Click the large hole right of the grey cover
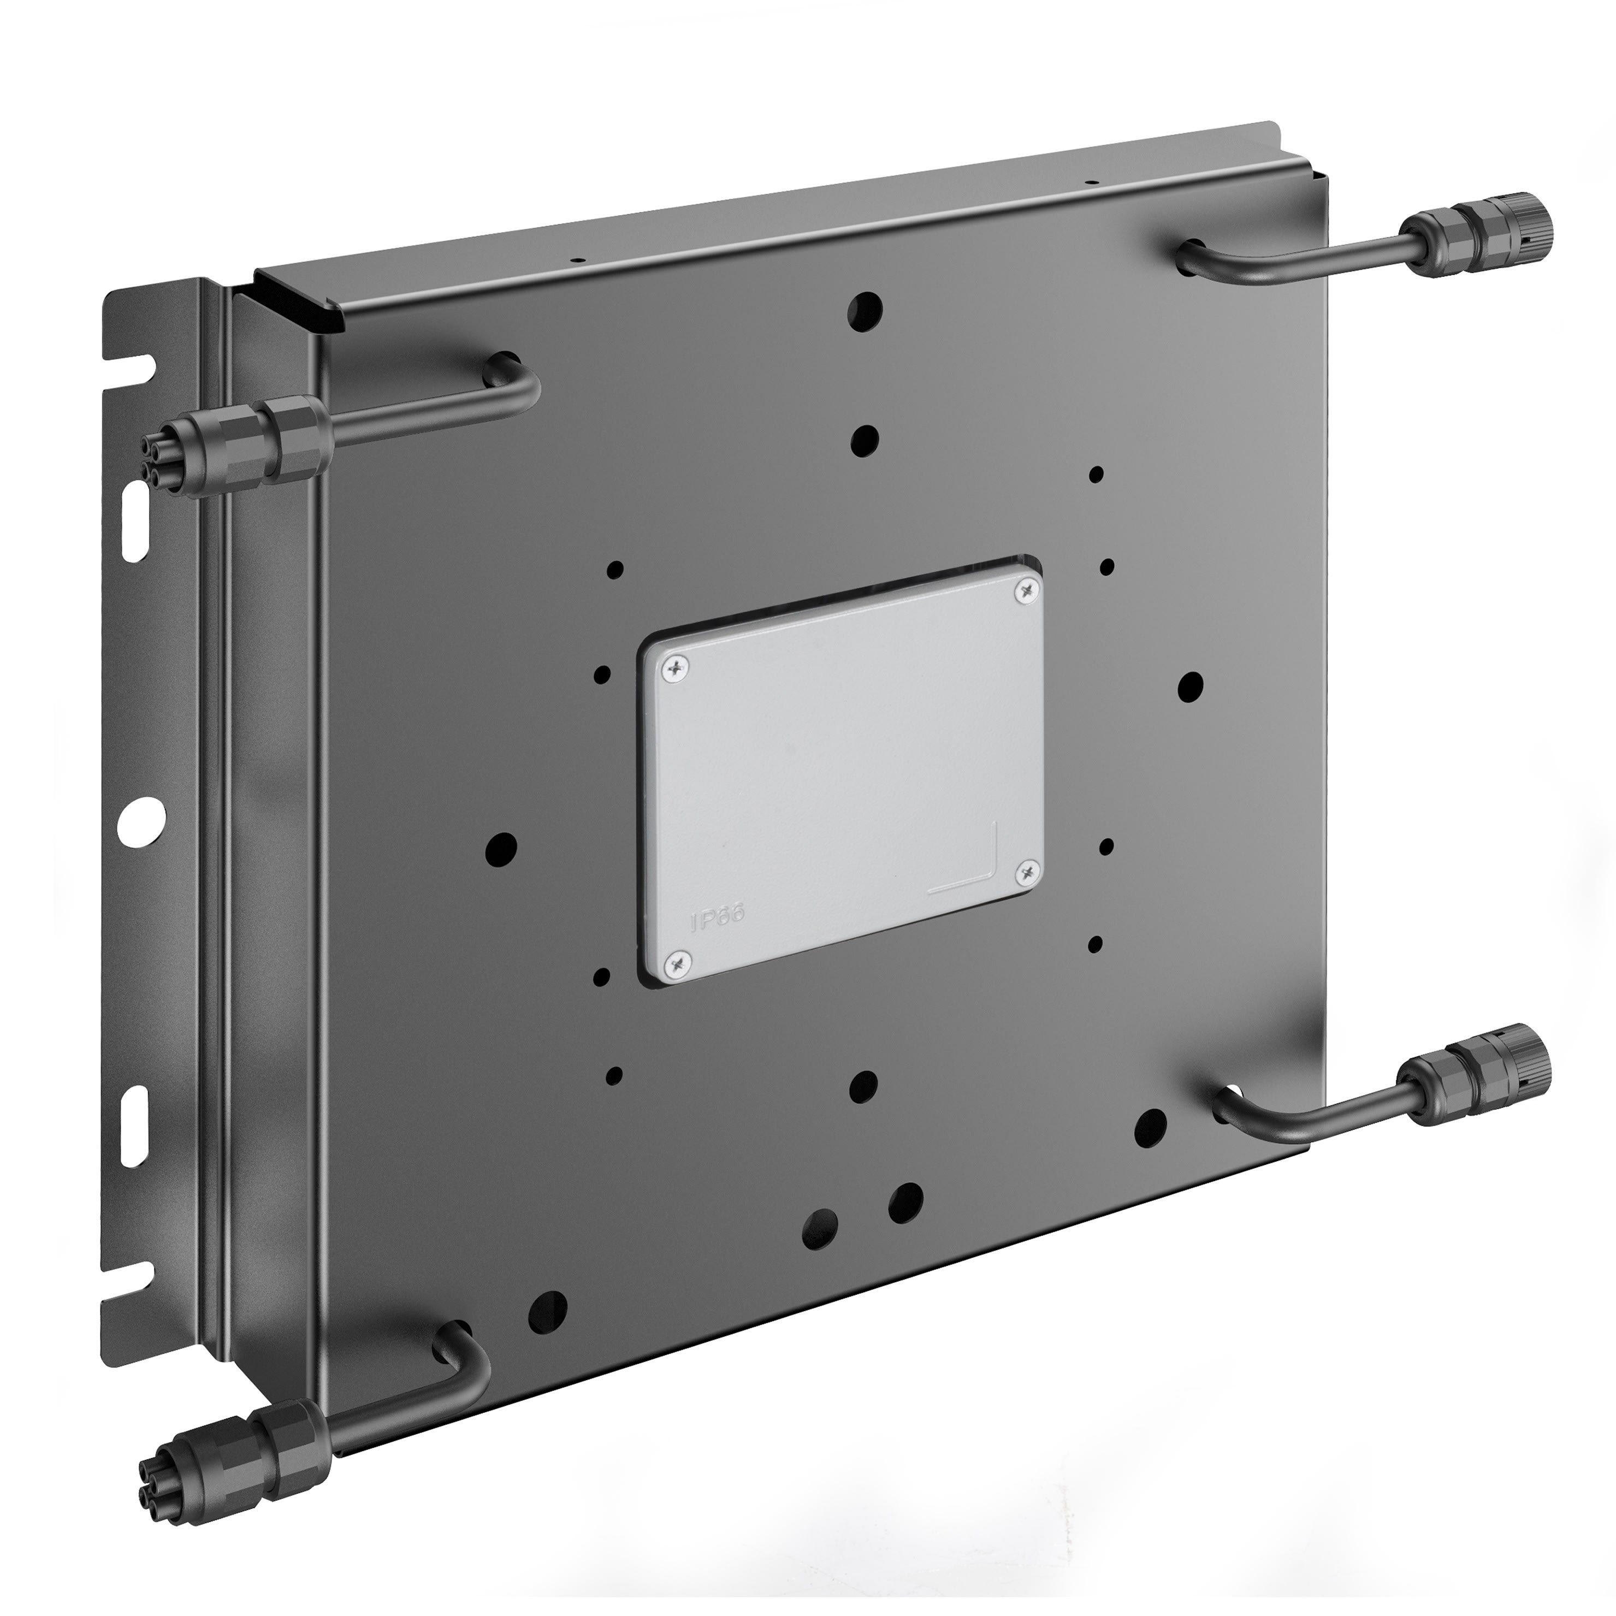(x=1189, y=686)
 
